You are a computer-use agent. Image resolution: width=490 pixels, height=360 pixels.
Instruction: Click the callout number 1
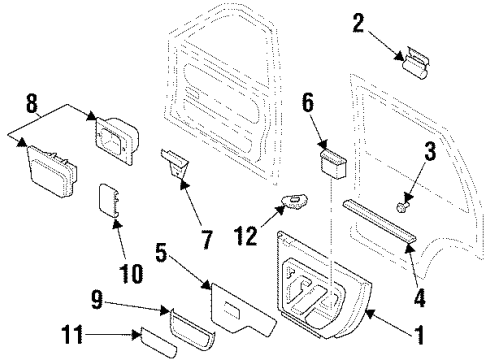coord(420,335)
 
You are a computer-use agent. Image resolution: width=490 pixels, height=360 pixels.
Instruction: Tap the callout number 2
coord(359,23)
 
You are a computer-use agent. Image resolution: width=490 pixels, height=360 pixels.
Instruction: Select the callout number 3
coord(430,150)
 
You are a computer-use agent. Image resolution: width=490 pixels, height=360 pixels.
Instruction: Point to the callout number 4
coord(420,298)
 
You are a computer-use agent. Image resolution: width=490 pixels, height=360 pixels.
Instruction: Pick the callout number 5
coord(161,252)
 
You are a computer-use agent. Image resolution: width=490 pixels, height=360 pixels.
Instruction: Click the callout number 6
coord(308,102)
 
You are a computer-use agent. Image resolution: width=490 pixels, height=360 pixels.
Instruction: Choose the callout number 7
coord(207,240)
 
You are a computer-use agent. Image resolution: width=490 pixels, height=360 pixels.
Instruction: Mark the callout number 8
coord(32,103)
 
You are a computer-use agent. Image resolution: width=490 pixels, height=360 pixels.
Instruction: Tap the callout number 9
coord(97,300)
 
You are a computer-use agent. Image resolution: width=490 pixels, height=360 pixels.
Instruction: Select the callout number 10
coord(131,274)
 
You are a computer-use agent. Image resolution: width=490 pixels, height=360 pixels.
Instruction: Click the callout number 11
coord(71,334)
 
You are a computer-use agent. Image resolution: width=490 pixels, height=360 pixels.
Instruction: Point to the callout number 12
coord(246,236)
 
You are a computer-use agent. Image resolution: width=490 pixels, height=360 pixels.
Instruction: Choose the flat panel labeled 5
coord(242,310)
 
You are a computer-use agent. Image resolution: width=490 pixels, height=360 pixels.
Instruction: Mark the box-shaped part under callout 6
coord(333,164)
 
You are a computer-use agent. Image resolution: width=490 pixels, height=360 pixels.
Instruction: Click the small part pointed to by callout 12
coord(295,202)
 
